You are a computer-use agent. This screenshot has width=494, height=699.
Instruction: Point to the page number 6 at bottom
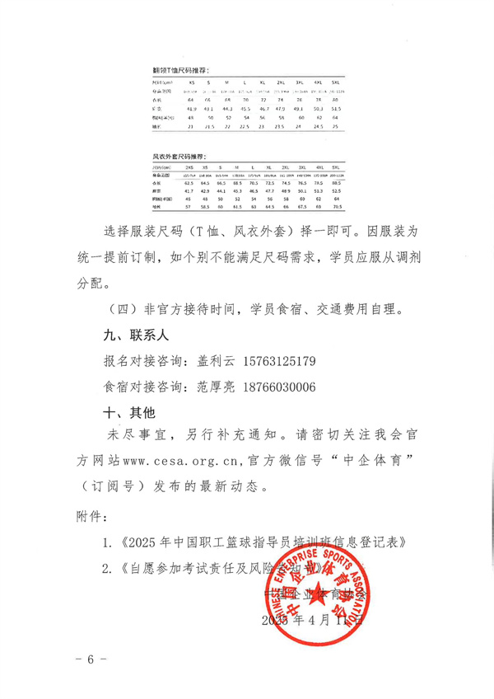pyautogui.click(x=91, y=661)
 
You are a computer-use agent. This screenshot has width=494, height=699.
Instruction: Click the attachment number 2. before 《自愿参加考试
pyautogui.click(x=106, y=567)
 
